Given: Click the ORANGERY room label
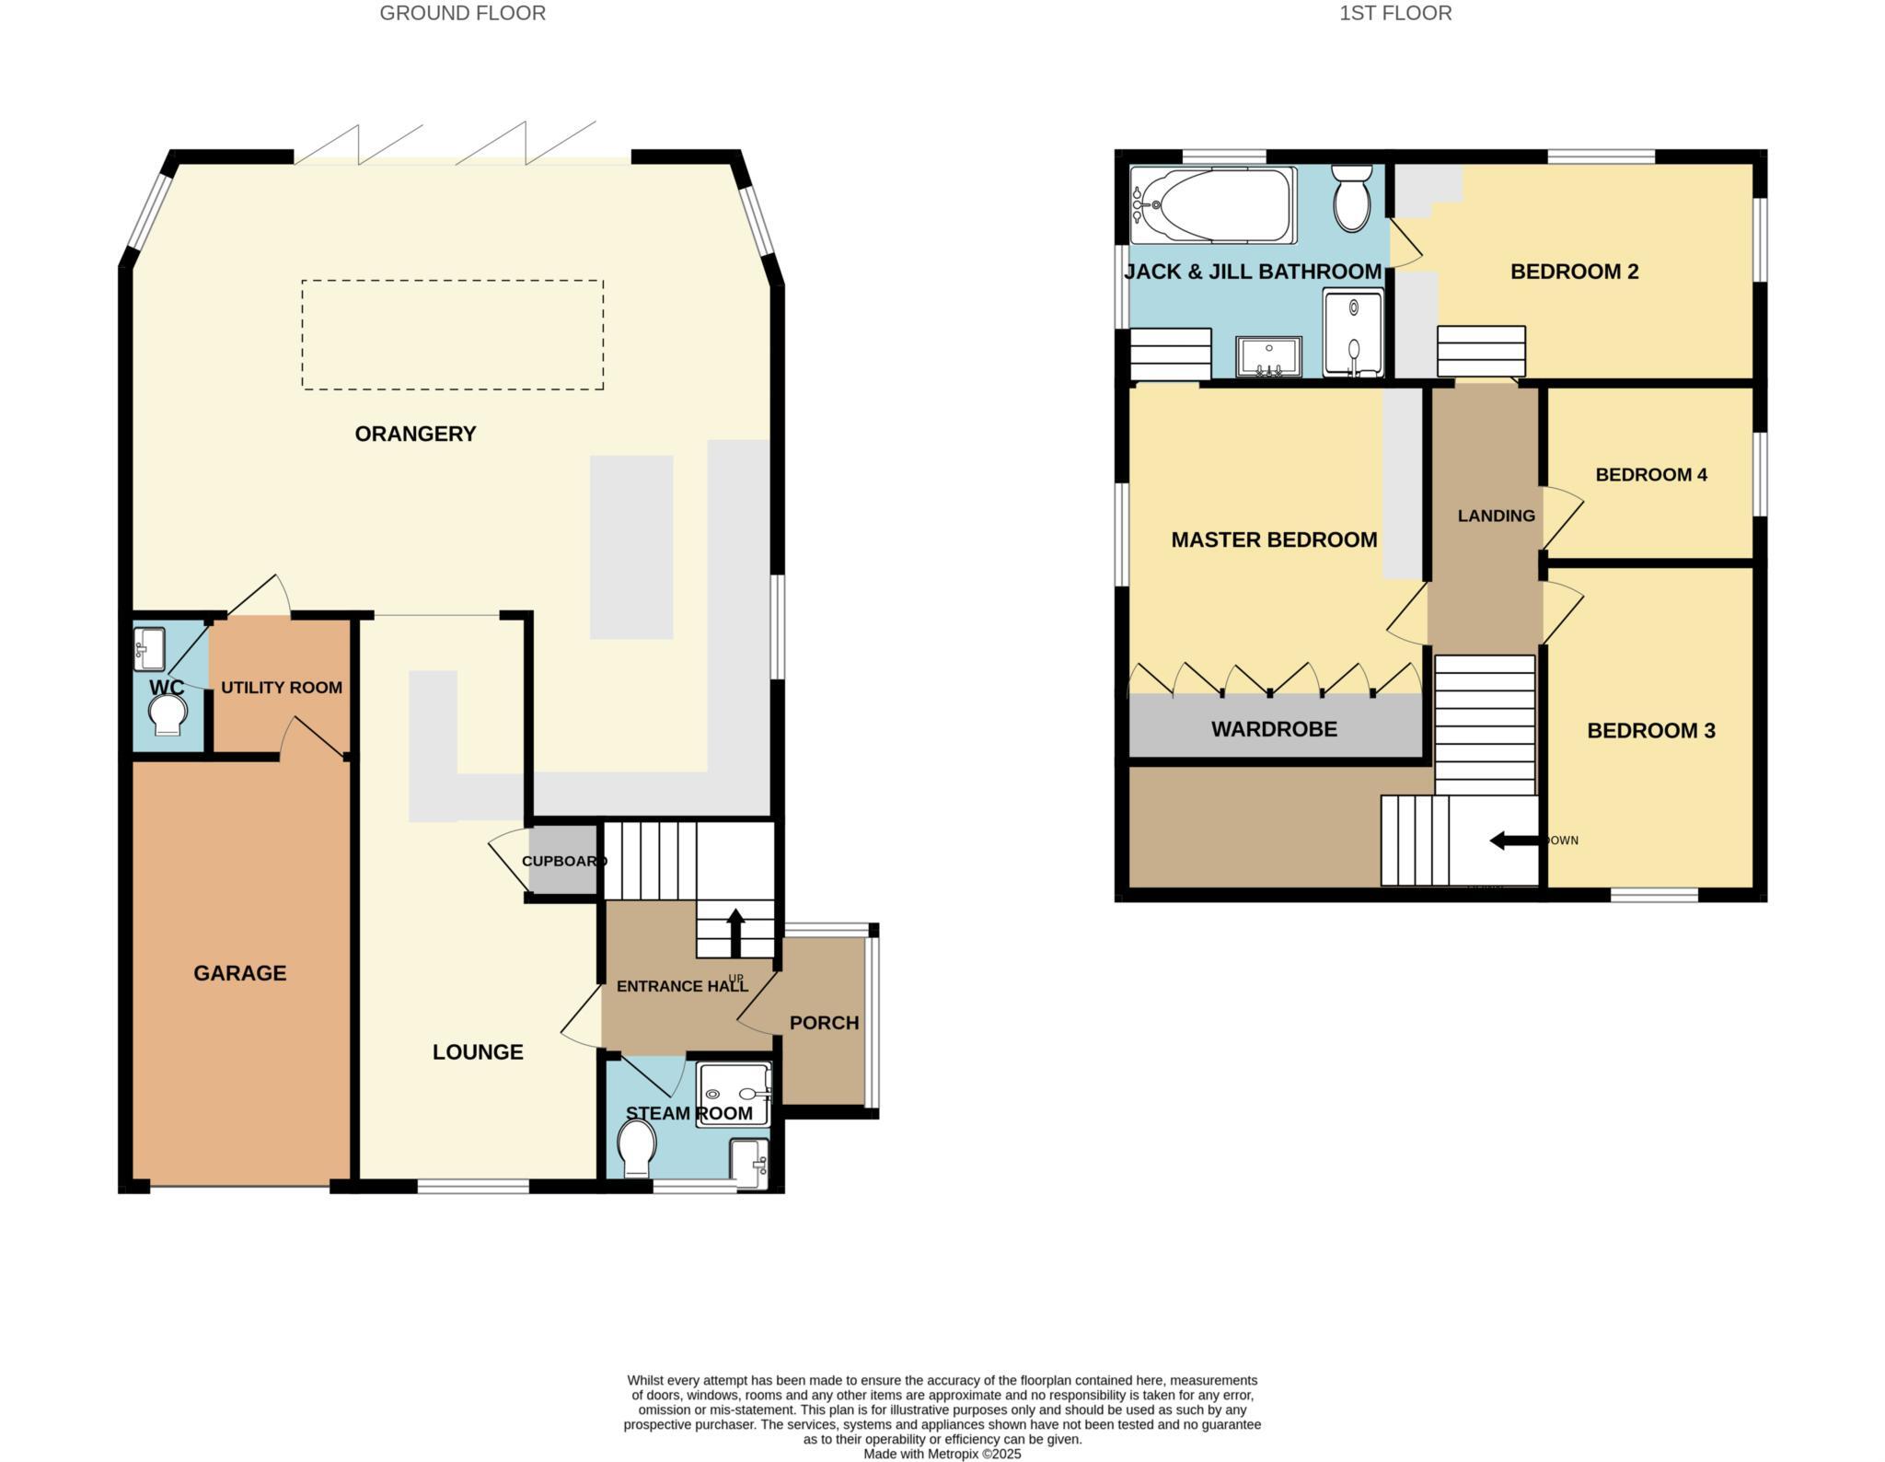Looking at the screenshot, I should click(415, 434).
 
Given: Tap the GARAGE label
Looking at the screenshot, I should click(239, 973).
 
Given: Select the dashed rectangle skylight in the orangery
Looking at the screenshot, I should click(452, 334).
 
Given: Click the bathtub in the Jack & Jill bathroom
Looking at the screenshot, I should click(1213, 205).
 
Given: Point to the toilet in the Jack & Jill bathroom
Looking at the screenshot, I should click(1352, 198).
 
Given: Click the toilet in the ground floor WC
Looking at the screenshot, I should click(168, 714).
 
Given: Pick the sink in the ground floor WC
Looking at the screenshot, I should click(148, 648).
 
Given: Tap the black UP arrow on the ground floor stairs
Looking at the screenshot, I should click(735, 933).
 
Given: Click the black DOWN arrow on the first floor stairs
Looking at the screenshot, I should click(1515, 840).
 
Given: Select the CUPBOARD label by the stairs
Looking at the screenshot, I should click(563, 862).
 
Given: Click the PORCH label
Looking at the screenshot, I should click(824, 1023).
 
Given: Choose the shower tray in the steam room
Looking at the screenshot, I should click(733, 1093).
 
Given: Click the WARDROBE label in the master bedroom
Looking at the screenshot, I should click(1274, 729).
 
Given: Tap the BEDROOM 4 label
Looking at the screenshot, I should click(1651, 475).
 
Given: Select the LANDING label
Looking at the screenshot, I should click(1496, 516).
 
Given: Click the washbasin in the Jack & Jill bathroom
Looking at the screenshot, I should click(1269, 356).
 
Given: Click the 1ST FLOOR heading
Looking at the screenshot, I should click(1395, 13).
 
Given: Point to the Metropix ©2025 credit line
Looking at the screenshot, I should click(942, 1455).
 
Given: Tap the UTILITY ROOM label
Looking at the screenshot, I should click(282, 688).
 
